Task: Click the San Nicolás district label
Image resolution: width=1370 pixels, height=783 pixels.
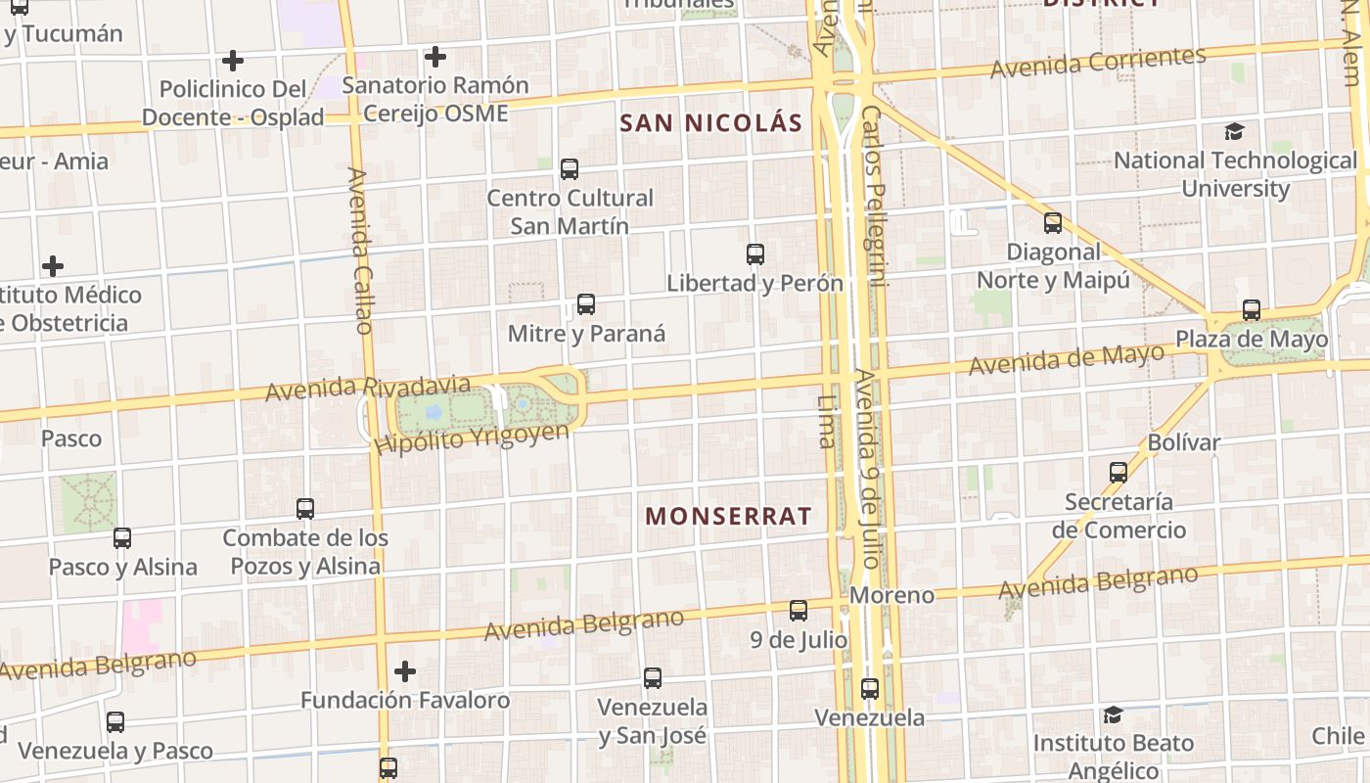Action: pyautogui.click(x=711, y=123)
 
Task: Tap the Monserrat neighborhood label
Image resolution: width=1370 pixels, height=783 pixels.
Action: pyautogui.click(x=729, y=516)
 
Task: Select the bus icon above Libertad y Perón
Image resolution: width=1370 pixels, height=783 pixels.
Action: pyautogui.click(x=755, y=254)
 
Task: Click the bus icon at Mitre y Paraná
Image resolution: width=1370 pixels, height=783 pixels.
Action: pyautogui.click(x=586, y=304)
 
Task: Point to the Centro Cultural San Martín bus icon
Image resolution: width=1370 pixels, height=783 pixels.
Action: pyautogui.click(x=570, y=168)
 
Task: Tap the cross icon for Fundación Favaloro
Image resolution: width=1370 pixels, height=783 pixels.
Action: pyautogui.click(x=405, y=671)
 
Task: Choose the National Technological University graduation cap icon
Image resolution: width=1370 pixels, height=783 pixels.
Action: pyautogui.click(x=1235, y=131)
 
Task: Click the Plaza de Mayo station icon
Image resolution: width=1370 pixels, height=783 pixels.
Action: pyautogui.click(x=1252, y=310)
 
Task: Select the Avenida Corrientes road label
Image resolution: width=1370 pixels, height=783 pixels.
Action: pyautogui.click(x=1098, y=62)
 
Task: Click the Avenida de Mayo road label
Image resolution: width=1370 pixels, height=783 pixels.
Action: pyautogui.click(x=1067, y=358)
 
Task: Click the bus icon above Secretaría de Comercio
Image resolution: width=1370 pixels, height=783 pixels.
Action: pyautogui.click(x=1119, y=473)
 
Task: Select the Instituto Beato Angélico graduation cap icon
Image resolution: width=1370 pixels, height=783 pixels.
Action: pyautogui.click(x=1113, y=714)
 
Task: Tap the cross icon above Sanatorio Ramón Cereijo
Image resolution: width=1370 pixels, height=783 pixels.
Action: pyautogui.click(x=435, y=57)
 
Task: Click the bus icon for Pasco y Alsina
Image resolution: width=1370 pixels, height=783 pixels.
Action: pyautogui.click(x=122, y=537)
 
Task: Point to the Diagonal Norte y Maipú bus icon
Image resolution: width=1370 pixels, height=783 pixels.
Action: pyautogui.click(x=1053, y=223)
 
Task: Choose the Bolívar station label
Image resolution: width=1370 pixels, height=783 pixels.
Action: pyautogui.click(x=1184, y=442)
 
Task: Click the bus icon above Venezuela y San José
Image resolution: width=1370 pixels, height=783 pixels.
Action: pyautogui.click(x=653, y=677)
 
